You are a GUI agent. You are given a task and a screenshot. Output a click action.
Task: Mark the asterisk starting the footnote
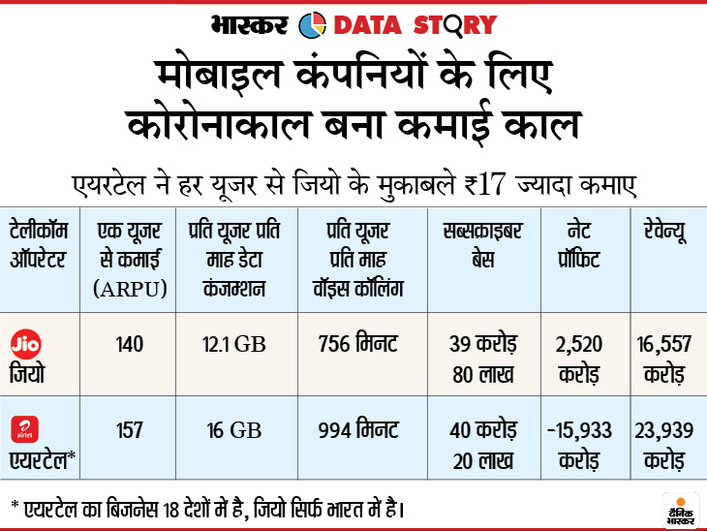coord(16,505)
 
